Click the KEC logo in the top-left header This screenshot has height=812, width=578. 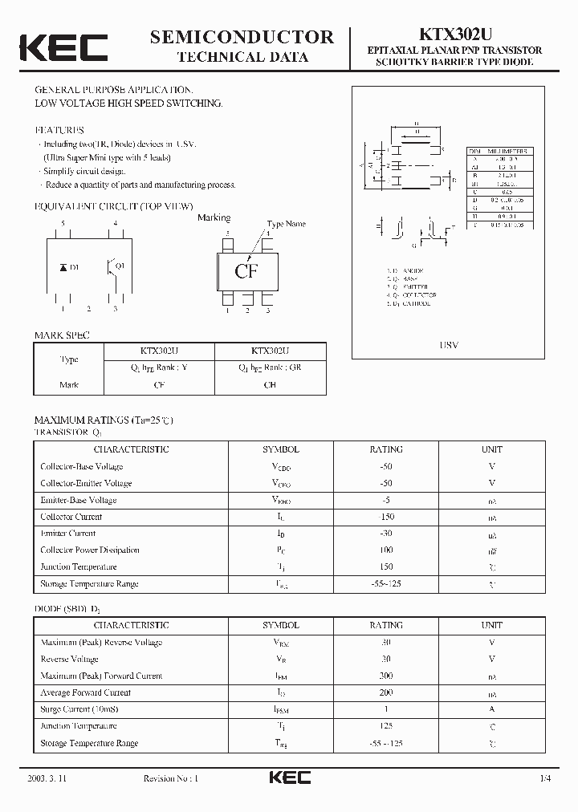(63, 47)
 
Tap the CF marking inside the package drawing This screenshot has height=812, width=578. (246, 271)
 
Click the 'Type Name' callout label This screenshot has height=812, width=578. (286, 225)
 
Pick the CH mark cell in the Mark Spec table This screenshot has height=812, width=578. (270, 385)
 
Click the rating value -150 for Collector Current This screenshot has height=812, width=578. (386, 517)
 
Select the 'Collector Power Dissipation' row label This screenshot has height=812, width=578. (90, 550)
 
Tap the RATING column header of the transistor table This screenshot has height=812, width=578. (386, 449)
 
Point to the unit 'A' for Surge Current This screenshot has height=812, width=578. (492, 709)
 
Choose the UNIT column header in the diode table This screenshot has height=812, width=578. (492, 625)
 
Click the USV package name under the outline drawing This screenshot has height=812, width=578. (450, 345)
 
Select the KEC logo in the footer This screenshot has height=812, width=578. (289, 777)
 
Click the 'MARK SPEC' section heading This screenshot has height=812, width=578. (62, 335)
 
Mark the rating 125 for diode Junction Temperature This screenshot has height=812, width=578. (386, 726)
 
